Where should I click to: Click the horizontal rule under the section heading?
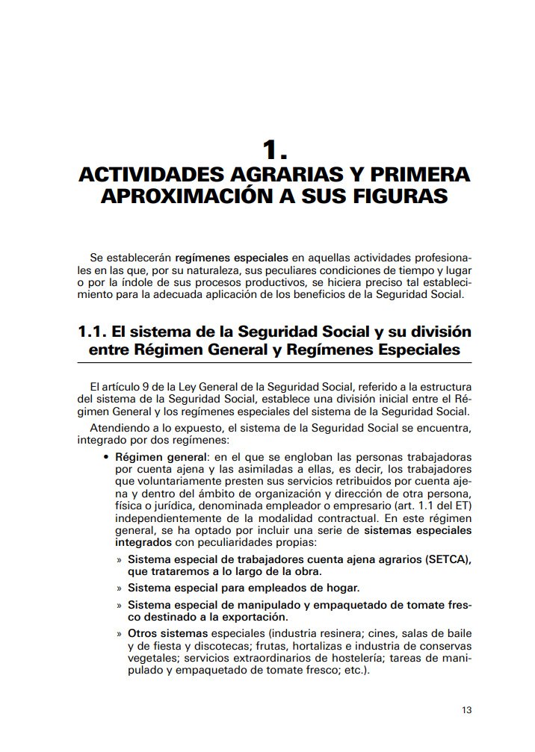274,362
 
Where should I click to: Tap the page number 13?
466,710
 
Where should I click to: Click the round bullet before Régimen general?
108,457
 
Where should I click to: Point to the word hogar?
341,587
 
